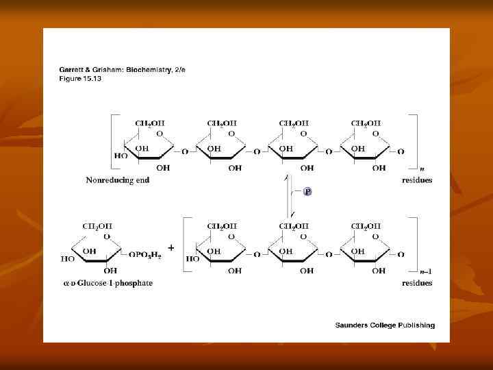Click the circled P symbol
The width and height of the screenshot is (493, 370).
(307, 192)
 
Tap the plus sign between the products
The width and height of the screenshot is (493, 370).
(170, 247)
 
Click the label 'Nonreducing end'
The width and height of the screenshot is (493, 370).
(118, 180)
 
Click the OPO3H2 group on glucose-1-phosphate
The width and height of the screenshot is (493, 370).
(146, 254)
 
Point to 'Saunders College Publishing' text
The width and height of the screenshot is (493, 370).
(385, 325)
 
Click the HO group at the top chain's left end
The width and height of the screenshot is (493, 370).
(121, 156)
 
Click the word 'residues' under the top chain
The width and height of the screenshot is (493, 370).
(417, 180)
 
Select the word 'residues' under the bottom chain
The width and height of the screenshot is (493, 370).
(417, 283)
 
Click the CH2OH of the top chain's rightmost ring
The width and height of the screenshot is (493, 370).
(366, 123)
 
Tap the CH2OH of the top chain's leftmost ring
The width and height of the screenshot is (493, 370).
(150, 123)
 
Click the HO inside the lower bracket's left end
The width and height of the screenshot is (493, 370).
(192, 258)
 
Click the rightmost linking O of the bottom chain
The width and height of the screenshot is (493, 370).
(401, 254)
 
